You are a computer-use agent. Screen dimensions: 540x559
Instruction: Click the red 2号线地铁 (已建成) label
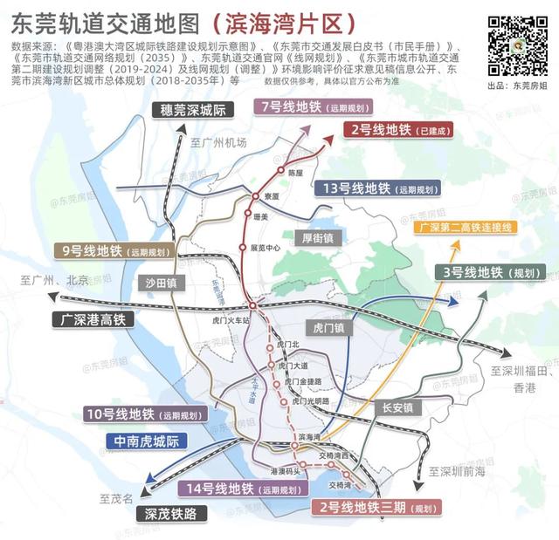point(390,130)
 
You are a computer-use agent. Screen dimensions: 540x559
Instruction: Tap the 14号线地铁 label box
point(232,489)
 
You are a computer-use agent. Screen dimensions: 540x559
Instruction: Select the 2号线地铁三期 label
point(376,507)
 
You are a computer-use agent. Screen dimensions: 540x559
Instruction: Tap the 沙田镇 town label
point(160,283)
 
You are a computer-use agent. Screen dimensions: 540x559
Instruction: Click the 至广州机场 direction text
point(219,143)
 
